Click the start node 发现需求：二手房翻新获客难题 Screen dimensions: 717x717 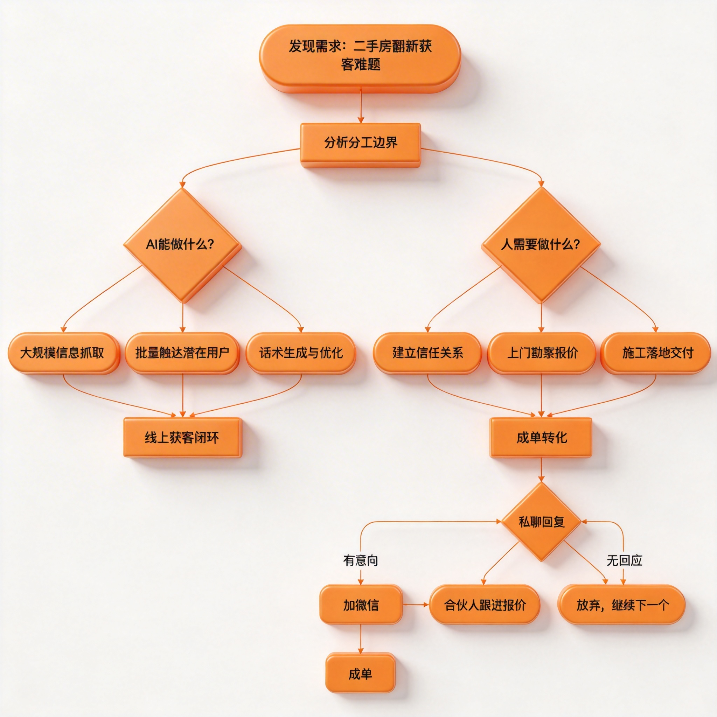tap(360, 56)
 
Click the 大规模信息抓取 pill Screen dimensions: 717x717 tap(63, 352)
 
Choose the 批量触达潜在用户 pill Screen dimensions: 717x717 tap(182, 352)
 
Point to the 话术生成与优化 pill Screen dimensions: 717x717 tap(301, 352)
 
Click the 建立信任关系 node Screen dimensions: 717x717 tap(427, 352)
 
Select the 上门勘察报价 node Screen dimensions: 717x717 tap(542, 352)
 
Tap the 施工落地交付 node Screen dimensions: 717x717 tap(656, 352)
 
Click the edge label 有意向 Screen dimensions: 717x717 tap(360, 560)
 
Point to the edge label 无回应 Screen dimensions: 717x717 tap(624, 560)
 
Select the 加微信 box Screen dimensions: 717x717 tap(361, 605)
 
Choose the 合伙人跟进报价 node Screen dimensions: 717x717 tap(485, 605)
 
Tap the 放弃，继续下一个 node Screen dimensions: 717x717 tap(622, 605)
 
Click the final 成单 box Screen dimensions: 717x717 tap(360, 674)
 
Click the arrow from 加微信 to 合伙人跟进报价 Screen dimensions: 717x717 tap(416, 605)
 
